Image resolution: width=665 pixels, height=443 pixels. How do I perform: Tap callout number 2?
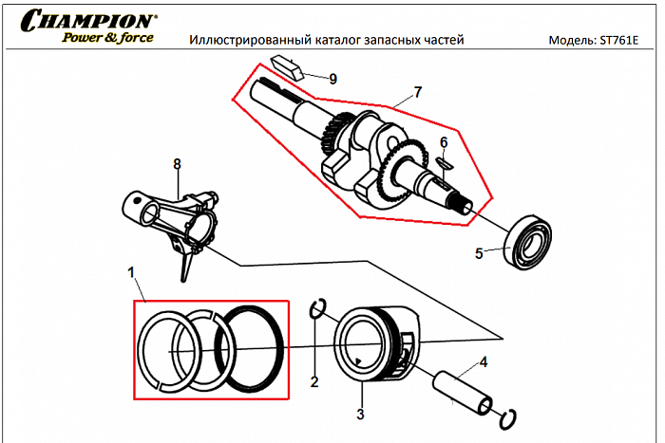point(314,382)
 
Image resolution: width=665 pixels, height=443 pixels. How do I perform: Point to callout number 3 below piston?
point(360,414)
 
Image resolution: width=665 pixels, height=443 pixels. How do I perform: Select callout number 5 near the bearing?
point(479,253)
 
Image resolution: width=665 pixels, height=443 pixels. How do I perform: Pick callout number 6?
point(443,142)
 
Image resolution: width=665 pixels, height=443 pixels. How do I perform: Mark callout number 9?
point(332,79)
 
